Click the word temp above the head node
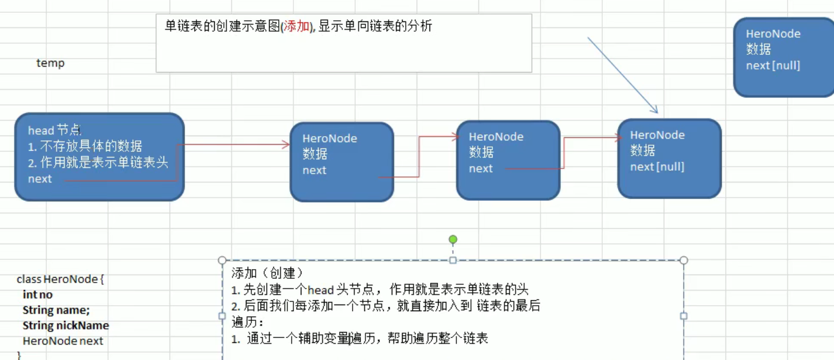(50, 63)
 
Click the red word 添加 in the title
(297, 26)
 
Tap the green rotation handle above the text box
(453, 240)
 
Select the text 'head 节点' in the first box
(54, 130)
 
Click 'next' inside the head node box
(40, 179)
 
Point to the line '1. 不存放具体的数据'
(85, 146)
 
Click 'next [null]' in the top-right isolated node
(773, 65)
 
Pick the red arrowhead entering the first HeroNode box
(286, 145)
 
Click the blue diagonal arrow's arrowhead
(655, 110)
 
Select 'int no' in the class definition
(37, 295)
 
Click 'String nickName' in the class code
(66, 326)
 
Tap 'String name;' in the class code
(56, 310)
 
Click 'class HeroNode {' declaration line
(60, 279)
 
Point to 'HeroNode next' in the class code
(63, 341)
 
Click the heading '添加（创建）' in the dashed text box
(267, 273)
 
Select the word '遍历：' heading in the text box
(247, 322)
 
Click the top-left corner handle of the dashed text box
(222, 261)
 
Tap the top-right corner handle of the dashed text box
(683, 261)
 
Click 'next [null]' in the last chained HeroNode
(657, 167)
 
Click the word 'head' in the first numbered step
(320, 290)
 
